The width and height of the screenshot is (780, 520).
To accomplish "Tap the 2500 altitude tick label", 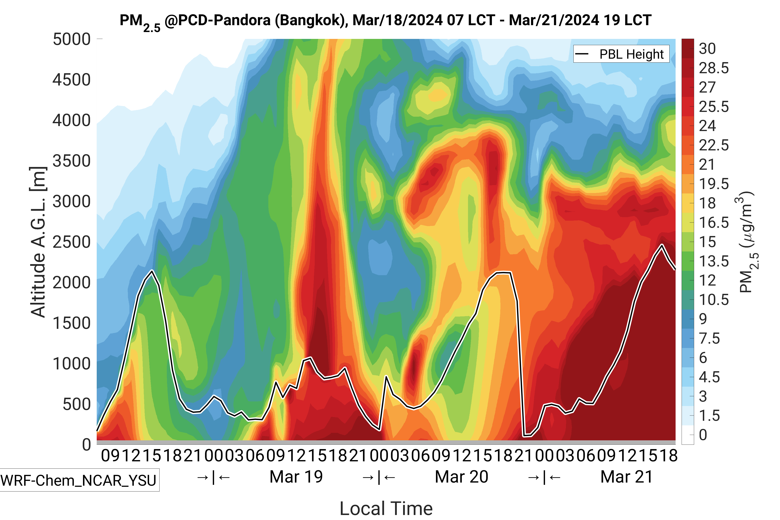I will click(x=72, y=242).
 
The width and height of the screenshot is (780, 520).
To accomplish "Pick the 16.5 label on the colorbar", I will click(x=714, y=223).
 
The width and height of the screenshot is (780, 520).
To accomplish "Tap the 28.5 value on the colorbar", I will click(x=714, y=68).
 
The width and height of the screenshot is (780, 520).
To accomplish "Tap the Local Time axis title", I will click(x=386, y=508).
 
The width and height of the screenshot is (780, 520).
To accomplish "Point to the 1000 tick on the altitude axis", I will click(x=72, y=364).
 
